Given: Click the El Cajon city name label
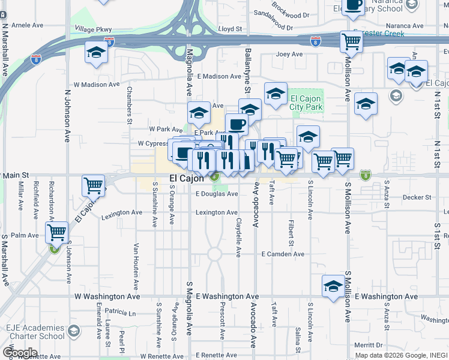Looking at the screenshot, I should pos(185,178).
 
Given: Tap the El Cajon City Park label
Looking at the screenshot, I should pos(306,103).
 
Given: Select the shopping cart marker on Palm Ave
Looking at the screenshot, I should pos(56,232).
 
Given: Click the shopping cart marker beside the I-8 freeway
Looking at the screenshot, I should pos(351,41).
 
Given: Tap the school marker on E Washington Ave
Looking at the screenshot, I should pos(333,286).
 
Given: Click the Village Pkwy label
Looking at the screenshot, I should pos(93,29).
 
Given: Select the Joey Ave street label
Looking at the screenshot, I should pos(289,54).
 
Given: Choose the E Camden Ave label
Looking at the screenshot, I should pos(283,254).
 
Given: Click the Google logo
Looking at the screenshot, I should pos(20,352).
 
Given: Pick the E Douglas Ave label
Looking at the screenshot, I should pos(217,194).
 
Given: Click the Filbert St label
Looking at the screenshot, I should pos(290,235).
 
